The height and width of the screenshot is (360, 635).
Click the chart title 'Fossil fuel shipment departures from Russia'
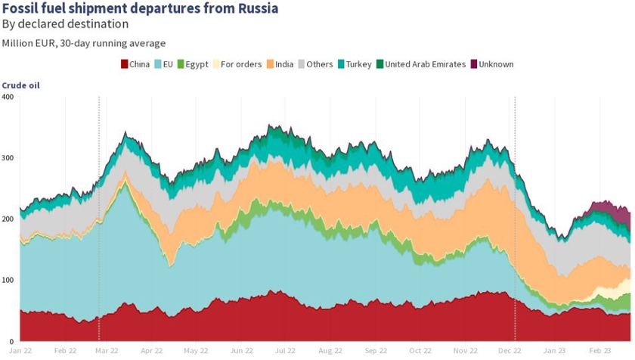pyautogui.click(x=140, y=9)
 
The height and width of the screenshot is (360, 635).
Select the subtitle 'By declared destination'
pyautogui.click(x=65, y=24)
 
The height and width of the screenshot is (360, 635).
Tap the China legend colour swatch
pyautogui.click(x=125, y=64)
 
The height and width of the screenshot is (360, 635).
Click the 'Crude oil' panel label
pyautogui.click(x=20, y=85)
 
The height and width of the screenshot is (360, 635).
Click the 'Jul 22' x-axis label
pyautogui.click(x=285, y=351)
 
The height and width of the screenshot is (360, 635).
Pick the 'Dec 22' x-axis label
pyautogui.click(x=511, y=351)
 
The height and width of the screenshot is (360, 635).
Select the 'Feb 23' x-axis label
pyautogui.click(x=600, y=351)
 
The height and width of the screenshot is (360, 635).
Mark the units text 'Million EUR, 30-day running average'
pyautogui.click(x=83, y=43)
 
